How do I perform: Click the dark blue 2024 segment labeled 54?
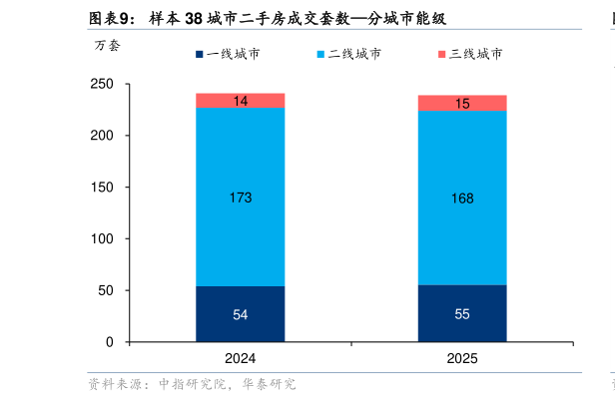click(x=240, y=314)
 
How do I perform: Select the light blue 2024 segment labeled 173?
click(x=240, y=197)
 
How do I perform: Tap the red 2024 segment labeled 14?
click(x=240, y=100)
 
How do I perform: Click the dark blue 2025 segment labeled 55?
click(x=461, y=313)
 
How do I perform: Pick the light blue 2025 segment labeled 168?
click(x=461, y=198)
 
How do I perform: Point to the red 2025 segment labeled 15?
click(x=461, y=103)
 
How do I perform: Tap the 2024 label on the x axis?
click(x=240, y=358)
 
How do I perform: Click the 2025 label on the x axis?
click(x=461, y=358)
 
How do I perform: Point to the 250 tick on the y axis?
click(x=103, y=84)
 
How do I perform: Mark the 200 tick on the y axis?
click(x=103, y=135)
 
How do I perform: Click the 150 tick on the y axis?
click(x=103, y=187)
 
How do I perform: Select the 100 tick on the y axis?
click(x=103, y=238)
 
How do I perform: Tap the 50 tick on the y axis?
click(x=106, y=290)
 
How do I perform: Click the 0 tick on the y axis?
click(x=110, y=342)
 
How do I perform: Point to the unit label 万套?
click(x=107, y=45)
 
